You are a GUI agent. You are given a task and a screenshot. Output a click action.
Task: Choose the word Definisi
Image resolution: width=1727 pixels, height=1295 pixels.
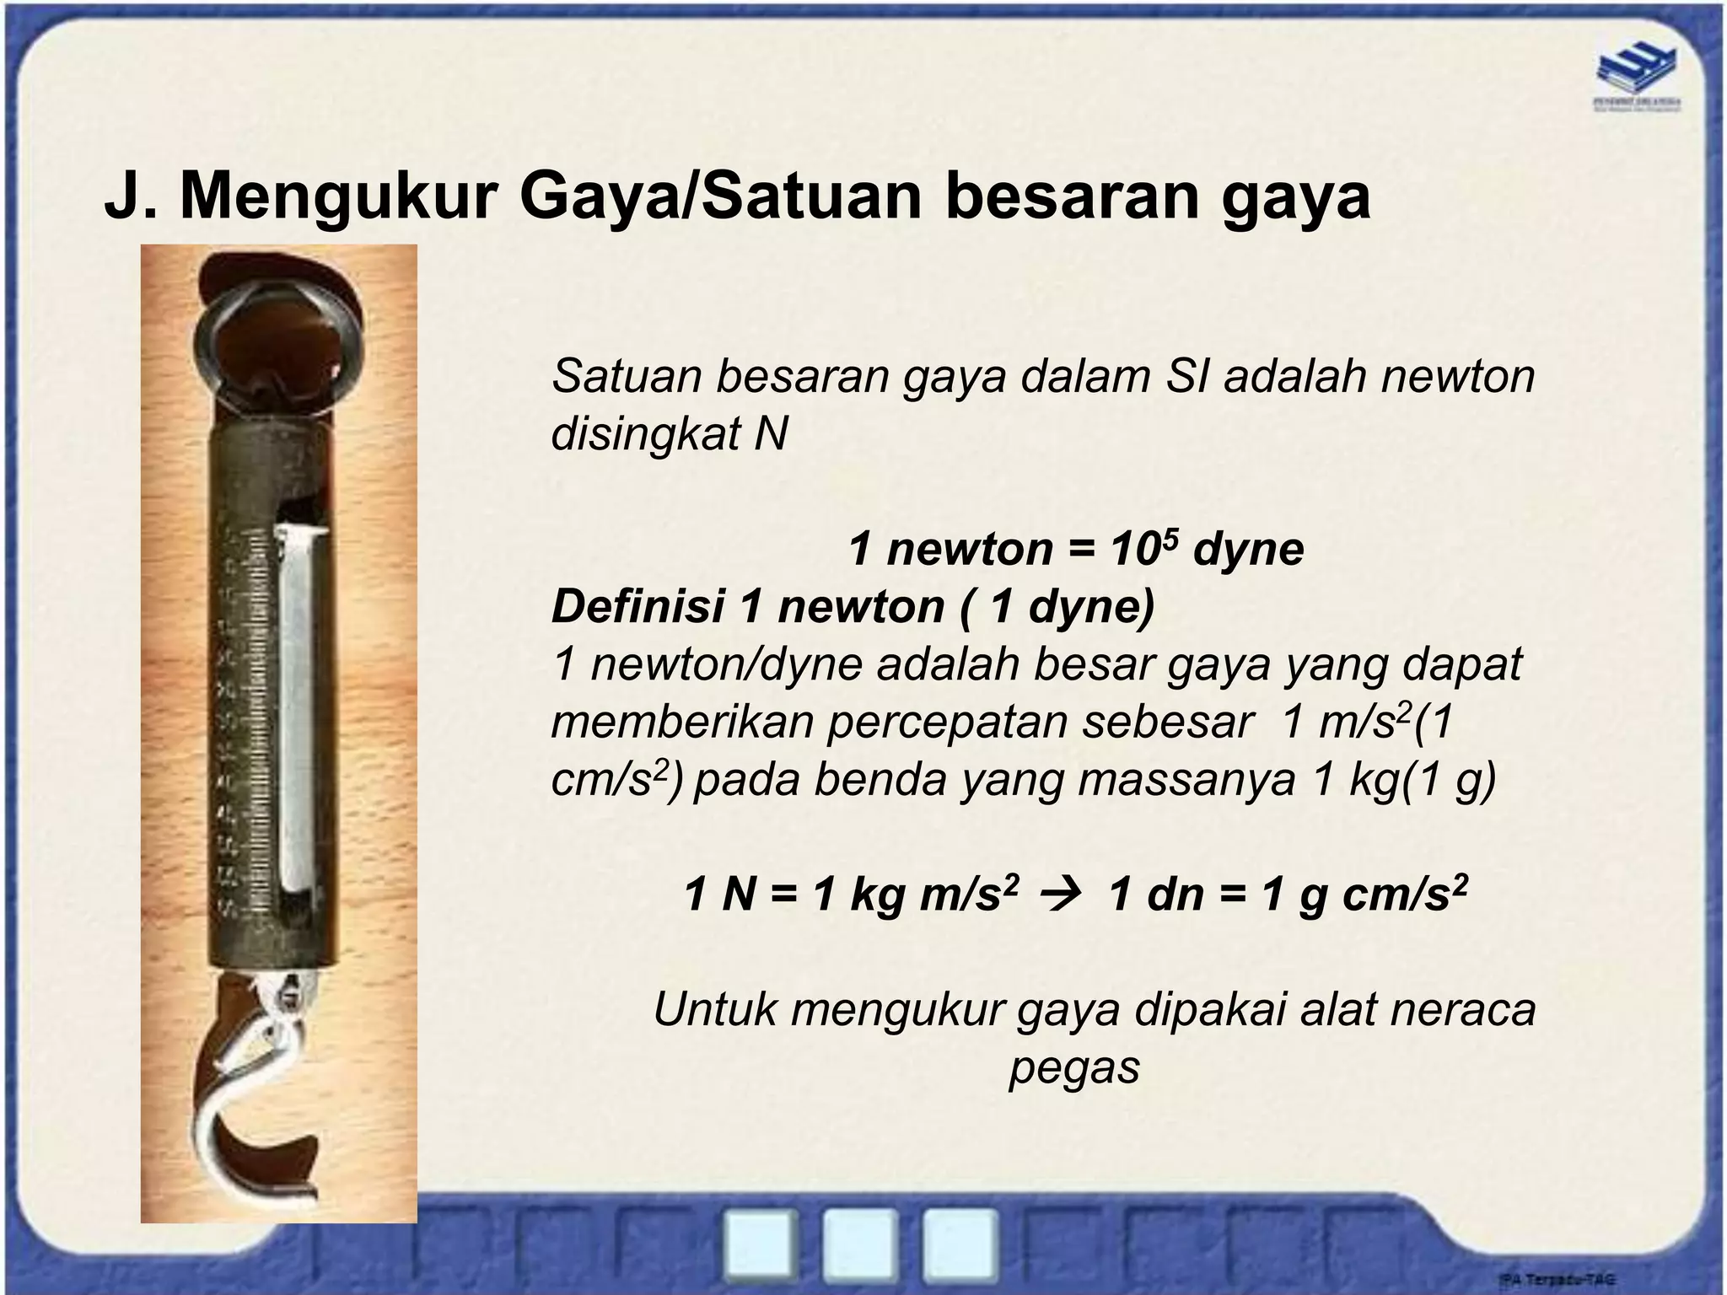click(638, 607)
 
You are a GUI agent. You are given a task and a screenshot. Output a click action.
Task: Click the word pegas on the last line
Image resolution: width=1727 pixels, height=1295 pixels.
click(1074, 1067)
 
